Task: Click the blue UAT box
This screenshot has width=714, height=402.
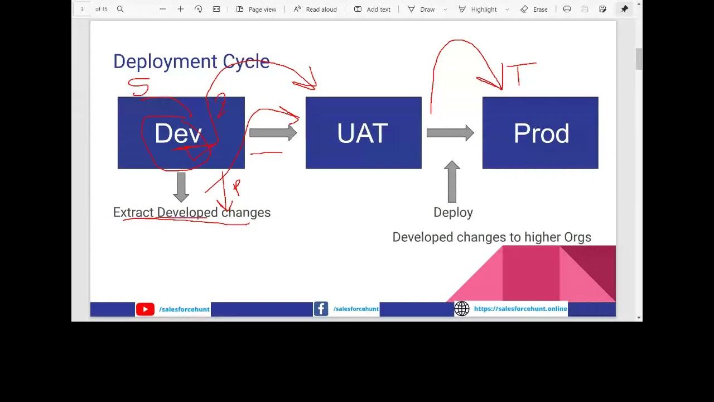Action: click(x=363, y=133)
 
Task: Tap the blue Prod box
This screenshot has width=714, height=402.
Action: click(x=540, y=133)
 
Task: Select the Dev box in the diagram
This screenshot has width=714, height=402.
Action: click(x=181, y=133)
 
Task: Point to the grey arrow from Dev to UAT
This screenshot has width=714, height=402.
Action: click(x=273, y=133)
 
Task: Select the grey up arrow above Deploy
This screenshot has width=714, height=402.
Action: click(x=452, y=181)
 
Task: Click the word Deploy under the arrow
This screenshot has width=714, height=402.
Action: click(x=453, y=212)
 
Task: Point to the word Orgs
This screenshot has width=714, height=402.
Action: click(x=577, y=237)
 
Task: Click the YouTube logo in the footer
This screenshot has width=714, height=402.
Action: click(x=145, y=309)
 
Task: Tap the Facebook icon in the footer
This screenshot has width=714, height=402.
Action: click(x=321, y=309)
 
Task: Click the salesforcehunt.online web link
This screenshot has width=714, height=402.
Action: click(x=520, y=309)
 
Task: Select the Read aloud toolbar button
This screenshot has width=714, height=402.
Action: click(x=315, y=9)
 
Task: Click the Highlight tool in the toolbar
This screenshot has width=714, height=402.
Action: click(x=478, y=9)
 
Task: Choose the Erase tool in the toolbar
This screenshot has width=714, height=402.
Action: click(x=534, y=9)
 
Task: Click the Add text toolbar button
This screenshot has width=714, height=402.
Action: click(x=372, y=9)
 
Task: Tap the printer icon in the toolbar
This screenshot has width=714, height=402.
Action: click(x=567, y=9)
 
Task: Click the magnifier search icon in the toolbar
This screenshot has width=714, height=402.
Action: click(x=120, y=9)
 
